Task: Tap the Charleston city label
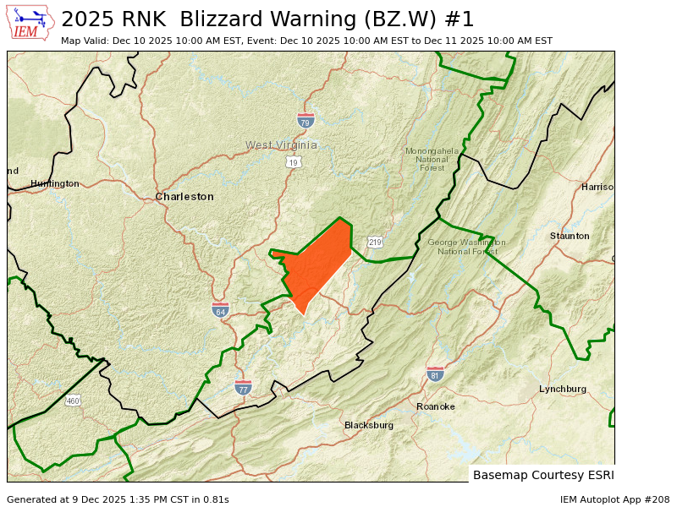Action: coord(184,197)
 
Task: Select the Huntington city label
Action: coord(55,183)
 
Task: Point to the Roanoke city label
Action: coord(436,406)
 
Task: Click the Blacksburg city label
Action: coord(369,425)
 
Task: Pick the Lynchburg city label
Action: coord(563,389)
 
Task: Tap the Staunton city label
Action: coord(570,236)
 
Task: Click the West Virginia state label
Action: coord(282,144)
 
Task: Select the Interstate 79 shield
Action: coord(306,120)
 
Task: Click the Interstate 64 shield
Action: coord(220,309)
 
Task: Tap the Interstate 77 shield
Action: coord(243,387)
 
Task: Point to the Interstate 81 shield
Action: coord(435,373)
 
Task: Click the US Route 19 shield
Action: coord(294,161)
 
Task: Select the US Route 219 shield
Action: coord(375,242)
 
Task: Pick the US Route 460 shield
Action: coord(74,401)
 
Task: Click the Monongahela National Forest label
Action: coord(432,159)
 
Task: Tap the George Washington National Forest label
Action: coord(466,247)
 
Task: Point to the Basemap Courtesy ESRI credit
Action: coord(543,475)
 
